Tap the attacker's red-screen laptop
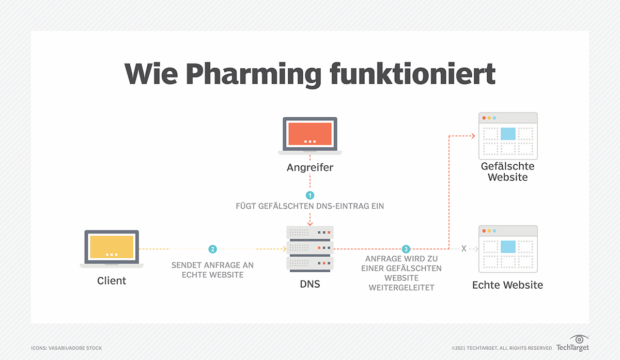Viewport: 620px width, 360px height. coord(310,135)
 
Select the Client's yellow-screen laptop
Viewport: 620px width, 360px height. coord(112,248)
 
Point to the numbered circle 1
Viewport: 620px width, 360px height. coord(310,195)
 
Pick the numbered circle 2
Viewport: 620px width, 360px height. coord(212,249)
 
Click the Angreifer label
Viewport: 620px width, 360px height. coord(310,167)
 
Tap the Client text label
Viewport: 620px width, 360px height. coord(112,281)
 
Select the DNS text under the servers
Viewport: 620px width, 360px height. coord(310,284)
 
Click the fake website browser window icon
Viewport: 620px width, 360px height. coord(508,136)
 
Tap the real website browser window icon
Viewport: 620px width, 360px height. coord(508,249)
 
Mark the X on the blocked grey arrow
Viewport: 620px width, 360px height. coord(463,249)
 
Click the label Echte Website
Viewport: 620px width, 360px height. coord(507,285)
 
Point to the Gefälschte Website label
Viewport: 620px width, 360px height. coord(507,172)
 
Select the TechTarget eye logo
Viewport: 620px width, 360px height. coord(580,340)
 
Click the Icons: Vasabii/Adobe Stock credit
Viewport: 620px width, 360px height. coord(67,348)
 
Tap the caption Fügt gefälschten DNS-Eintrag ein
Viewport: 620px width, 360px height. coord(310,206)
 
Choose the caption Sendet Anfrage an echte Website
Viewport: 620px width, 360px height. coord(212,270)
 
